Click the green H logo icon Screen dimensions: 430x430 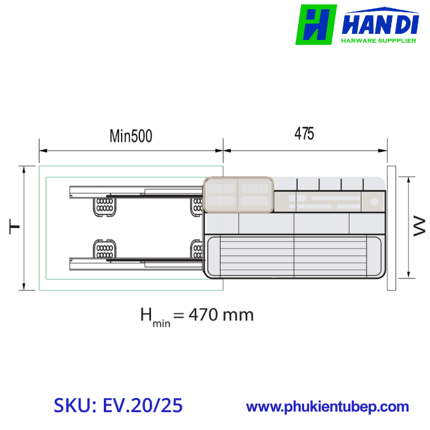pyautogui.click(x=316, y=25)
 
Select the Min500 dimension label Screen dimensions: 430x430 pyautogui.click(x=131, y=136)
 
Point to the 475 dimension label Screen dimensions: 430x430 pyautogui.click(x=304, y=134)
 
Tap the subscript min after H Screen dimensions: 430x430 pyautogui.click(x=161, y=322)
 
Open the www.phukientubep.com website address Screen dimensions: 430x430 pyautogui.click(x=327, y=407)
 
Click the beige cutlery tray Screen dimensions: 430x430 pyautogui.click(x=238, y=195)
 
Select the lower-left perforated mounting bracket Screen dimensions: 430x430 pyautogui.click(x=103, y=250)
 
